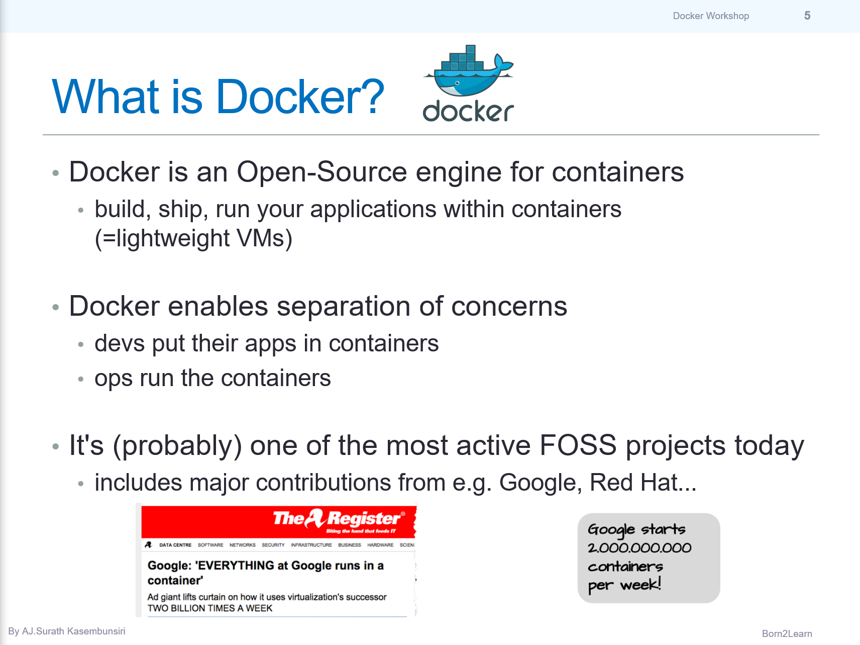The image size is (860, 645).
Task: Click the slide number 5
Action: click(x=807, y=16)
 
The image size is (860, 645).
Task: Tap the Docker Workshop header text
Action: click(x=711, y=16)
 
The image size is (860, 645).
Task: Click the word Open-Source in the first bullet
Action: click(x=321, y=172)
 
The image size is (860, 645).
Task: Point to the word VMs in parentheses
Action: click(x=261, y=238)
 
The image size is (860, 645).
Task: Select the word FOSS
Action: click(x=578, y=446)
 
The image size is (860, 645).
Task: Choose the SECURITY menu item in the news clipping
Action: click(x=273, y=545)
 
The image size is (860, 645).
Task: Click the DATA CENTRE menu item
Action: click(x=175, y=545)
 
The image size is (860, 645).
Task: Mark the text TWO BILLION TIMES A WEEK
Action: click(x=210, y=608)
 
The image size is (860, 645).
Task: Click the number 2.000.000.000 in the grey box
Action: click(x=639, y=548)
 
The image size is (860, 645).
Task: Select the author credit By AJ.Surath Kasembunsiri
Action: click(x=67, y=631)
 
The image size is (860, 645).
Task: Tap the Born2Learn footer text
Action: click(x=787, y=634)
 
